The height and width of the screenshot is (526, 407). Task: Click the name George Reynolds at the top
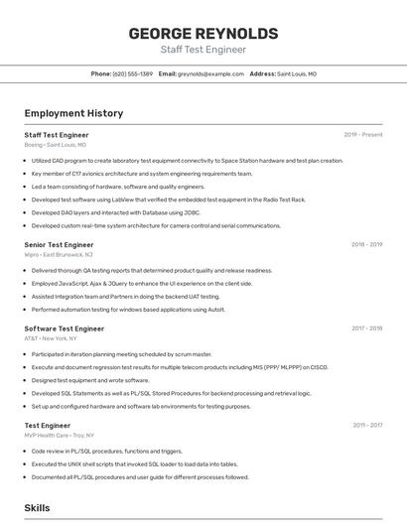click(x=203, y=34)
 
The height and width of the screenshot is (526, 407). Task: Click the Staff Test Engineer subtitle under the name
click(x=203, y=50)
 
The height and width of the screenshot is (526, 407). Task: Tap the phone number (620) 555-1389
click(x=133, y=73)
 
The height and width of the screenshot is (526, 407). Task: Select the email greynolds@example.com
click(x=211, y=73)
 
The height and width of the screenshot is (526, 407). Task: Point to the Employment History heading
click(x=73, y=113)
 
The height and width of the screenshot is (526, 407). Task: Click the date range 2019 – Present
click(x=363, y=134)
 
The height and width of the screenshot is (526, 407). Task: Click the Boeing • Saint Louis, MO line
click(x=56, y=145)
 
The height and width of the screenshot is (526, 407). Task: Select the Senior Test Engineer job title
click(x=60, y=244)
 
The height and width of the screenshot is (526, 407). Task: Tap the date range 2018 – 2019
click(x=366, y=244)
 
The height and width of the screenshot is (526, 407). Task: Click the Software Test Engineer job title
click(x=65, y=329)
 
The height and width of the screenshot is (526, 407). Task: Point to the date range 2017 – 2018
click(x=366, y=329)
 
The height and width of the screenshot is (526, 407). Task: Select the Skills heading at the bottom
click(x=38, y=507)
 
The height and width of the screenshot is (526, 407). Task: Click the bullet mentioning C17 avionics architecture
click(x=142, y=174)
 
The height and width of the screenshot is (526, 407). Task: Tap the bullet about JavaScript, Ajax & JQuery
click(x=142, y=283)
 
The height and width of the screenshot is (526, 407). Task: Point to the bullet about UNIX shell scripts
click(x=134, y=463)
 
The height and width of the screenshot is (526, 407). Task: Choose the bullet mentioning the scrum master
click(x=121, y=354)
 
